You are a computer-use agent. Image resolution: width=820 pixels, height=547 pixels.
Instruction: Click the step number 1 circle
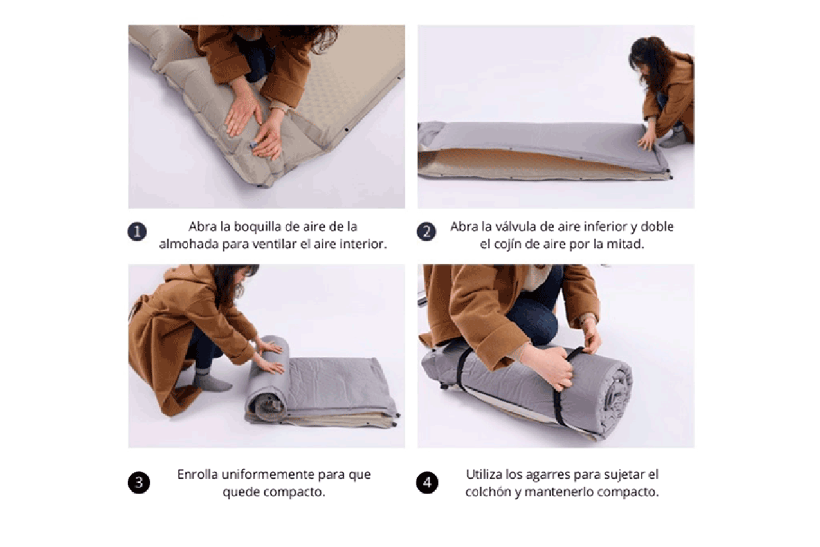click(x=137, y=232)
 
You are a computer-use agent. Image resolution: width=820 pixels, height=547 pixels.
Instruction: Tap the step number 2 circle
click(x=426, y=232)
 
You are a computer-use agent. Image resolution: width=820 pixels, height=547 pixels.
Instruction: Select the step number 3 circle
click(x=138, y=483)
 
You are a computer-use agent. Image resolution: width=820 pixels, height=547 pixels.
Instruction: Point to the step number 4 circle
click(x=427, y=483)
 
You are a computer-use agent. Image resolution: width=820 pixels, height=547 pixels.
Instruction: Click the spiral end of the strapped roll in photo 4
click(x=615, y=394)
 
